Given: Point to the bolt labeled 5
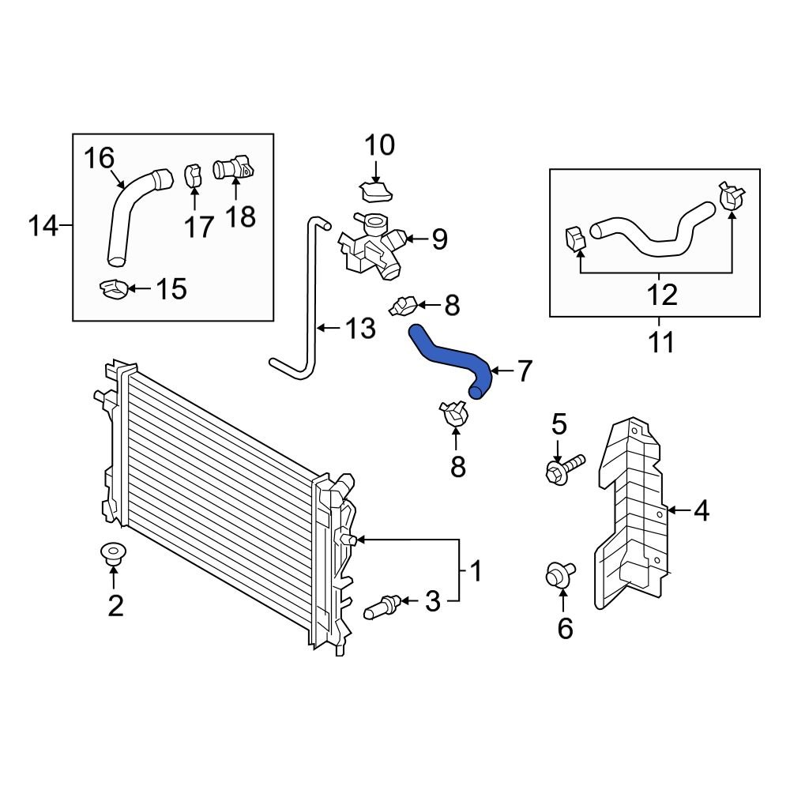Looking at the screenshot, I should (x=563, y=468).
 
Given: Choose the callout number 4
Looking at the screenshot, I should (x=701, y=512).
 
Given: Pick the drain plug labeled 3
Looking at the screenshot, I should (x=383, y=608).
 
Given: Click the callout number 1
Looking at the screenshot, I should (x=476, y=570).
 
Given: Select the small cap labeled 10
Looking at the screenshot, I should (x=377, y=191).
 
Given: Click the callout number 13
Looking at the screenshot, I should (x=360, y=328).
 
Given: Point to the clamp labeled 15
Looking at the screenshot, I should (x=115, y=289).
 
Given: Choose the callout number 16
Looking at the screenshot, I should (x=100, y=159).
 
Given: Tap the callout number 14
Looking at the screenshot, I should (x=44, y=228).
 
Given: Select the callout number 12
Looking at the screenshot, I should (x=661, y=295).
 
